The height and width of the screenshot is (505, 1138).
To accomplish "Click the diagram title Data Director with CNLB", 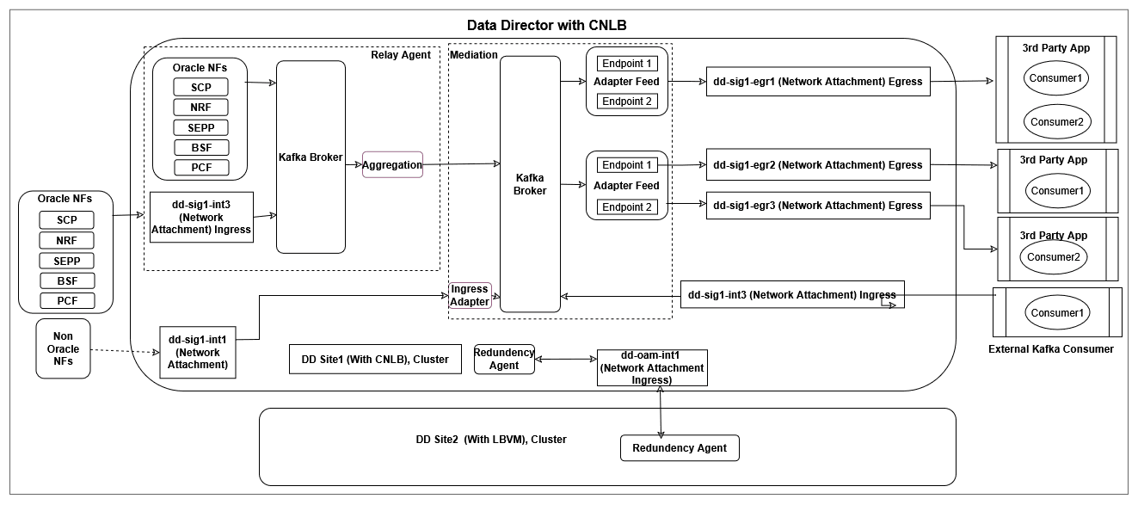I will click(546, 25).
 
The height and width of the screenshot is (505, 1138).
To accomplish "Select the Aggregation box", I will click(392, 164).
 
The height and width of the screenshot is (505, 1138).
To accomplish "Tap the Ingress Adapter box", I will click(470, 295).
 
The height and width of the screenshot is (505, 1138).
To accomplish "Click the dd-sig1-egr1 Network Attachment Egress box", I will click(817, 82).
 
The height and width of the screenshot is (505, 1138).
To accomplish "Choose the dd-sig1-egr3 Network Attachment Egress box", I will click(817, 205).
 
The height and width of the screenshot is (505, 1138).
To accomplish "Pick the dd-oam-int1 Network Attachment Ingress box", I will click(652, 367).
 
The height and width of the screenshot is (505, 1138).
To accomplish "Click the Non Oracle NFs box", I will click(63, 348).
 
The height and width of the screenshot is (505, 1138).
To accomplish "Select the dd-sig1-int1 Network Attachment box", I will click(199, 353).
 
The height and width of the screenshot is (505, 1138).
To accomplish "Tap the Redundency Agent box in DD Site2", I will click(680, 447).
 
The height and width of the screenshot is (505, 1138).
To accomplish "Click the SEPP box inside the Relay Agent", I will click(200, 127).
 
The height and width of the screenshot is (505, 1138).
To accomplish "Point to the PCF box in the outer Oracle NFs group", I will click(67, 301).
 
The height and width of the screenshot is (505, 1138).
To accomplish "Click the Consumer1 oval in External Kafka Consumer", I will click(1055, 313).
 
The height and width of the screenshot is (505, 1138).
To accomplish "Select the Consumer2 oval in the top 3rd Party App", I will click(1055, 121).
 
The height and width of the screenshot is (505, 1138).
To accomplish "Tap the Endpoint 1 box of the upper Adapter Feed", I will click(626, 63).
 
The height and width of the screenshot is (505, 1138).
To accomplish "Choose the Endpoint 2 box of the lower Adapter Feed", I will click(626, 206).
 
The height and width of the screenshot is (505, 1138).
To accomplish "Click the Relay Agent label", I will click(401, 55).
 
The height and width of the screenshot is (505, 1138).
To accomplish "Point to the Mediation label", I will click(474, 55).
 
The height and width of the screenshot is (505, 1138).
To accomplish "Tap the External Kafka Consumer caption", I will click(1051, 348).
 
